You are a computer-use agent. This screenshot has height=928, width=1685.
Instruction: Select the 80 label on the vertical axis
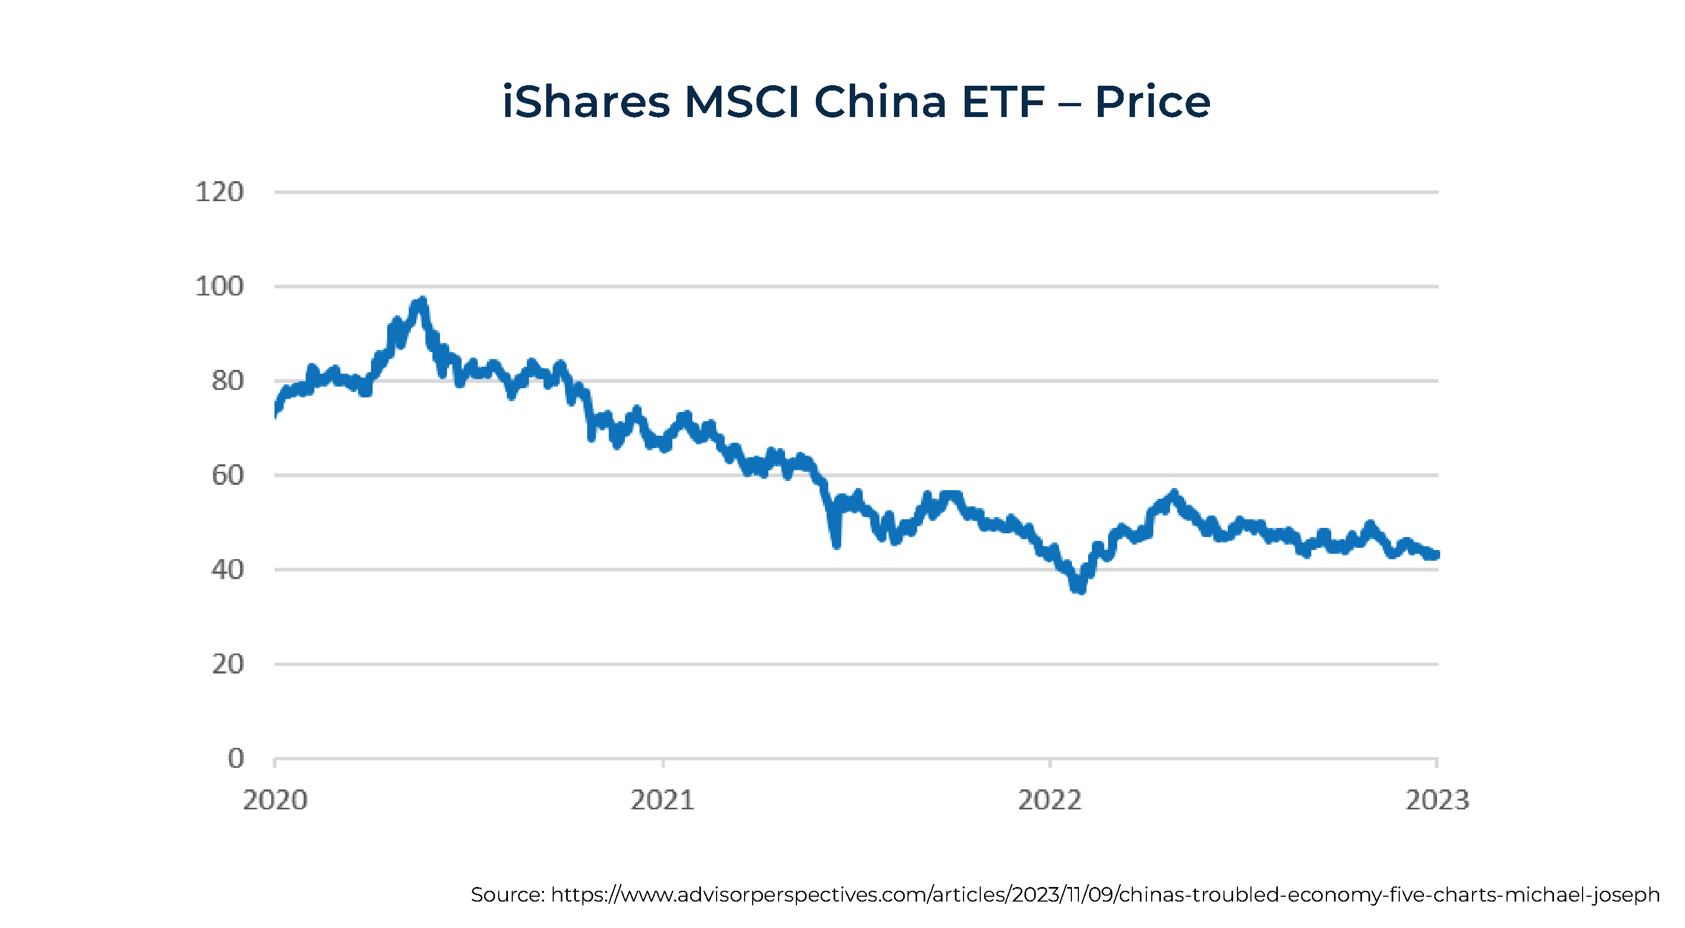pyautogui.click(x=227, y=381)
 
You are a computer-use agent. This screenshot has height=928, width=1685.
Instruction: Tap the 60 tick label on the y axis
pyautogui.click(x=227, y=476)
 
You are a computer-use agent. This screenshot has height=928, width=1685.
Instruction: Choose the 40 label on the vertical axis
pyautogui.click(x=227, y=569)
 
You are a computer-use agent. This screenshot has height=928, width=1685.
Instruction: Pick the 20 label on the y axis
pyautogui.click(x=227, y=664)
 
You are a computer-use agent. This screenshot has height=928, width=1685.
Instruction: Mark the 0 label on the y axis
pyautogui.click(x=236, y=759)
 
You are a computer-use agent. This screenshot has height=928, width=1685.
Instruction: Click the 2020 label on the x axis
pyautogui.click(x=275, y=800)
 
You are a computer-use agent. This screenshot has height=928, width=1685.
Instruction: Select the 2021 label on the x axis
pyautogui.click(x=662, y=800)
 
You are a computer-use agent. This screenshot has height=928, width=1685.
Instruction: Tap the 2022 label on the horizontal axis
pyautogui.click(x=1050, y=800)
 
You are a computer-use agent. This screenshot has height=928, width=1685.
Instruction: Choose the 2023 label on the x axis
pyautogui.click(x=1437, y=800)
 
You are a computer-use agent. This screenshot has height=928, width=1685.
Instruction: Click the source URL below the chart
pyautogui.click(x=1105, y=895)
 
